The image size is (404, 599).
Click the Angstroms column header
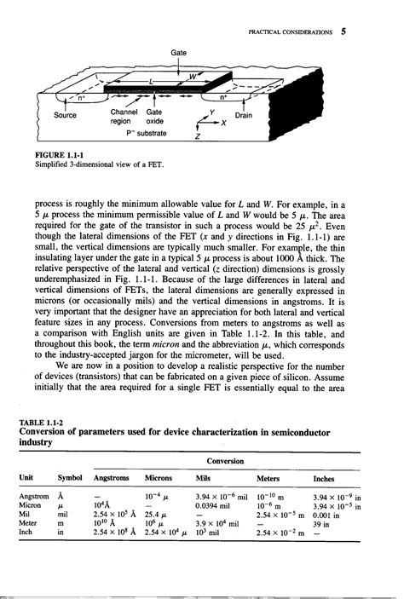[x=114, y=480]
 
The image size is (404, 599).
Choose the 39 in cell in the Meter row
[x=322, y=523]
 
